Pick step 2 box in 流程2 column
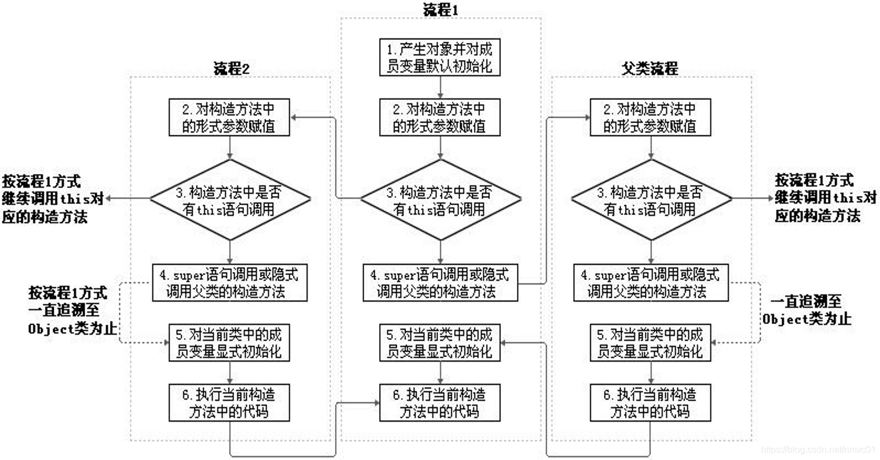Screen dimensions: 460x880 [229, 117]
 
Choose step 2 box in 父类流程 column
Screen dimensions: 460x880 [651, 117]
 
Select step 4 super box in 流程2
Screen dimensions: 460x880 [229, 283]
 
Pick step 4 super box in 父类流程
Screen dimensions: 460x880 [651, 283]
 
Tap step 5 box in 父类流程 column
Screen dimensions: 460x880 [651, 342]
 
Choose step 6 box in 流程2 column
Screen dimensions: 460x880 [229, 402]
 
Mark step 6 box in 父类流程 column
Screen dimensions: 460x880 [651, 402]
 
